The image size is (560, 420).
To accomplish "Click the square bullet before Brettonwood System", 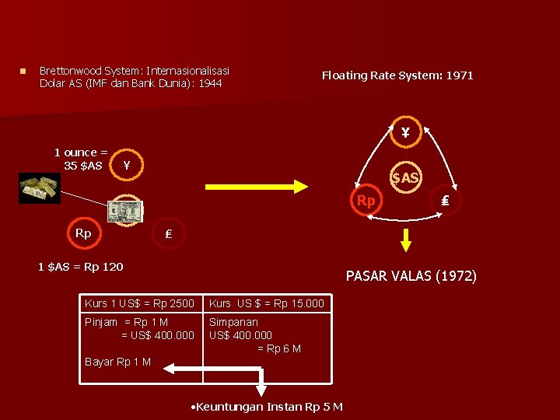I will [24, 72].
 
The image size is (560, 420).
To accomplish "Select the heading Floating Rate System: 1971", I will [397, 75].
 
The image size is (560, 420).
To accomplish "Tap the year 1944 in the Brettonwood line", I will [210, 83].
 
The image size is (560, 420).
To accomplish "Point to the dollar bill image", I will [126, 210].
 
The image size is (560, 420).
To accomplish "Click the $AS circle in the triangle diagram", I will [405, 179].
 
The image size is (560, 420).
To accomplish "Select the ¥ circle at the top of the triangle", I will [405, 132].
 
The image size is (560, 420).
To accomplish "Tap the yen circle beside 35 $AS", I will [127, 165].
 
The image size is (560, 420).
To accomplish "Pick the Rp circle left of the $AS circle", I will [366, 201].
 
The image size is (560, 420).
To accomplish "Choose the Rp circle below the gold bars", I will [82, 233].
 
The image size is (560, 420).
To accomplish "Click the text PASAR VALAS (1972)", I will [411, 276].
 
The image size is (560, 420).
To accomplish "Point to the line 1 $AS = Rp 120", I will [80, 267].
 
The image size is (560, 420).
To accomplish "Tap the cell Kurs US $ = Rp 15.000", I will [266, 303].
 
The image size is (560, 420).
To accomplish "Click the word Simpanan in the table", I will [233, 322].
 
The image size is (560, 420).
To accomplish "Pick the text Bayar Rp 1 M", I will [117, 362].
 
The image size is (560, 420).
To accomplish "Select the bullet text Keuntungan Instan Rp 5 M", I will [267, 407].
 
